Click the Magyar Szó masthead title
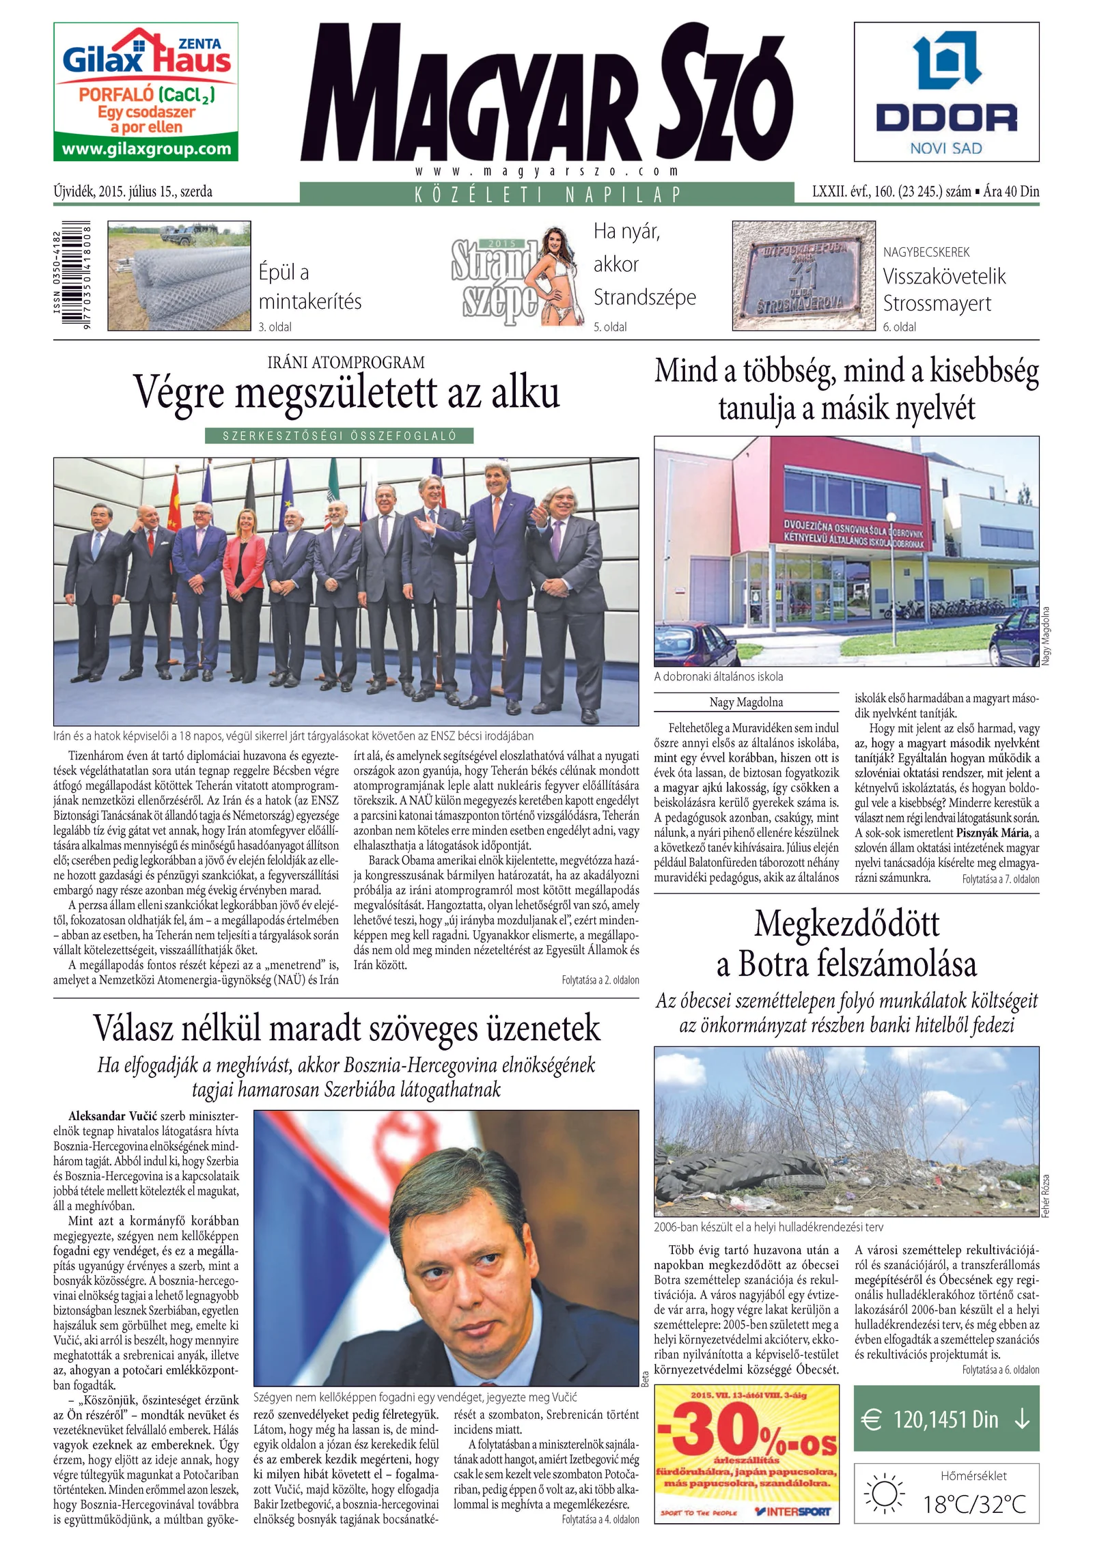(546, 92)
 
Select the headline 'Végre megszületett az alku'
(346, 392)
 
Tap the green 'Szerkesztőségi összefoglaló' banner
(339, 436)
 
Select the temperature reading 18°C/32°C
(974, 1504)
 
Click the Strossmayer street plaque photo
(803, 275)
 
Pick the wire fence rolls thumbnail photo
(179, 275)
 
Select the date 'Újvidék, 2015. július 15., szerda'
(133, 192)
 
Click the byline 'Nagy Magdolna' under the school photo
(746, 702)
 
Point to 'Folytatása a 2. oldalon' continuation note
(600, 980)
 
